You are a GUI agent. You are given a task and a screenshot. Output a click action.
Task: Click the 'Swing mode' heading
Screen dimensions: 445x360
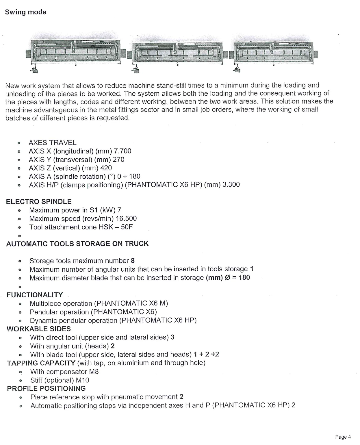[x=25, y=12]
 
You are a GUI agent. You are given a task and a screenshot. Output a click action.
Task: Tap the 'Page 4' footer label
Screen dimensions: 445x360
[x=343, y=437]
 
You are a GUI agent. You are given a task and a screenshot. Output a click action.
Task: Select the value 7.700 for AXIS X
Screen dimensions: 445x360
[x=123, y=151]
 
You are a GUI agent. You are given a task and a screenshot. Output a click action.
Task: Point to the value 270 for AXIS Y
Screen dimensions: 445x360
[x=118, y=160]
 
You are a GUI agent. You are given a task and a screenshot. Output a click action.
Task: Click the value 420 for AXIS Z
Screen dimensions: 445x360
[x=106, y=168]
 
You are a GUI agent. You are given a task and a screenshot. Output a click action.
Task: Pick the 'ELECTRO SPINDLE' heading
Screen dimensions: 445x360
[x=39, y=201]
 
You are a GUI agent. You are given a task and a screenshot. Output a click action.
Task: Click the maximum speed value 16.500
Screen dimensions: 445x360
[x=126, y=218]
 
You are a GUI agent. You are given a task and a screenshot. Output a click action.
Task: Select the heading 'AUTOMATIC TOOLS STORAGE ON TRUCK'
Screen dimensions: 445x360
[x=77, y=244]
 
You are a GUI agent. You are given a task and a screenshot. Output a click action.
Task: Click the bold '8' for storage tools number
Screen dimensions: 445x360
[x=133, y=261]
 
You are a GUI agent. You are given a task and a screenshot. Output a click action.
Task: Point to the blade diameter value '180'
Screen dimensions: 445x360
[x=244, y=277]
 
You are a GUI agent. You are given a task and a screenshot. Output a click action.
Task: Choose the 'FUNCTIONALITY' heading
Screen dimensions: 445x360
[x=35, y=295]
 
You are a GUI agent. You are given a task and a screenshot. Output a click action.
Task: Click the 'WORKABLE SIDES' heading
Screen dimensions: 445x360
[x=39, y=329]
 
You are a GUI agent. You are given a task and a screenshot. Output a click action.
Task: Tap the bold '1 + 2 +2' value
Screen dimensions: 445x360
[x=206, y=354]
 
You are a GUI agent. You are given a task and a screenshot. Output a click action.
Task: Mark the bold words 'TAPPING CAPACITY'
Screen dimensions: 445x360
[x=41, y=363]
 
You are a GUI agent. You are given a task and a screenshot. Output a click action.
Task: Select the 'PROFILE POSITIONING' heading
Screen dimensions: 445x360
[x=46, y=388]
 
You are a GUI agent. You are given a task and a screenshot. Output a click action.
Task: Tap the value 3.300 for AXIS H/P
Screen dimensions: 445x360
[x=231, y=185]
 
